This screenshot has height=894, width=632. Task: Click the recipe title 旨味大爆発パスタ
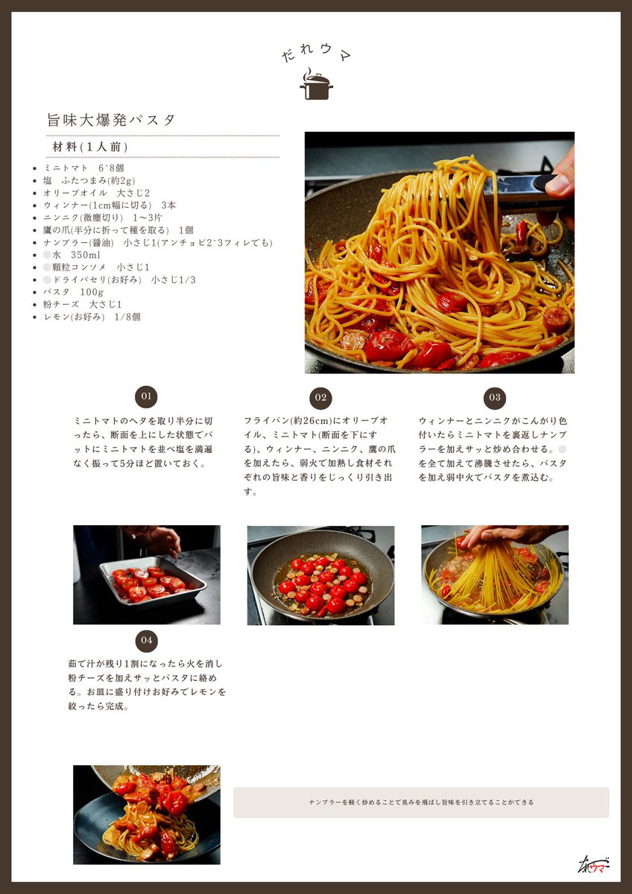[x=111, y=120]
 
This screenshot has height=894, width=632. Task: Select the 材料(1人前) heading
[x=90, y=147]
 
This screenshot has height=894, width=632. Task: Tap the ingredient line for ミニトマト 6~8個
[x=83, y=168]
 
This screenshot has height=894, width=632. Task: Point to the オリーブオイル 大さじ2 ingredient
[x=96, y=193]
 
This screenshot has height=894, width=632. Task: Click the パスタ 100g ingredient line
[x=73, y=292]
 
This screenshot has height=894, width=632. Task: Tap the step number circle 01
[x=146, y=396]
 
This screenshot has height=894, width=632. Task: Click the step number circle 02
[x=320, y=398]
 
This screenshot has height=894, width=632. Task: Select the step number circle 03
[x=495, y=398]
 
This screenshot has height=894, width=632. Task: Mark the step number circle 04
[x=146, y=640]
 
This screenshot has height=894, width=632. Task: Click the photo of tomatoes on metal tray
[x=147, y=574]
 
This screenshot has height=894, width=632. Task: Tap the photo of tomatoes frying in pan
[x=320, y=575]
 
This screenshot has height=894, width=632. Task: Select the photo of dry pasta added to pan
[x=495, y=574]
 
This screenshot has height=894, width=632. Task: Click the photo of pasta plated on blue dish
[x=147, y=814]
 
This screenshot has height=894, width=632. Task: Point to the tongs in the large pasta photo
[x=522, y=186]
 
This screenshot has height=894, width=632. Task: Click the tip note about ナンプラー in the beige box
[x=421, y=802]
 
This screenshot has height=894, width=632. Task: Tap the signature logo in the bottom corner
[x=593, y=864]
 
